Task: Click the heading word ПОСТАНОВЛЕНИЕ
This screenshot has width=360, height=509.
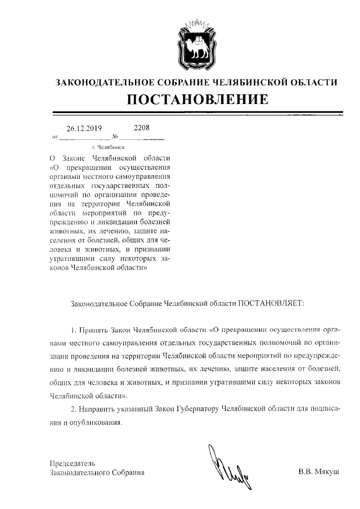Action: [197, 99]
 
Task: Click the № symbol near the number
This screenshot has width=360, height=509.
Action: [115, 136]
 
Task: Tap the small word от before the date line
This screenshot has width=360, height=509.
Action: [54, 137]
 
